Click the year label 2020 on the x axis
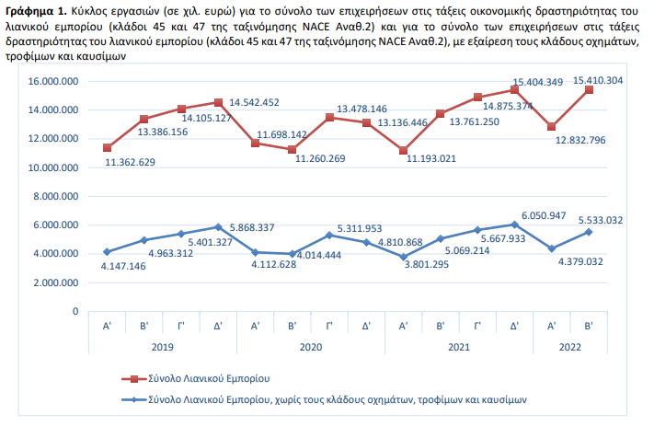(310, 347)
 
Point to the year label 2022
(569, 347)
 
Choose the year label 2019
(162, 347)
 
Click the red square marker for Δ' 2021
(514, 89)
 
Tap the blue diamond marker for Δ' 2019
(217, 226)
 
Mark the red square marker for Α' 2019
(107, 147)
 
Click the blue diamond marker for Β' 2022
(588, 232)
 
